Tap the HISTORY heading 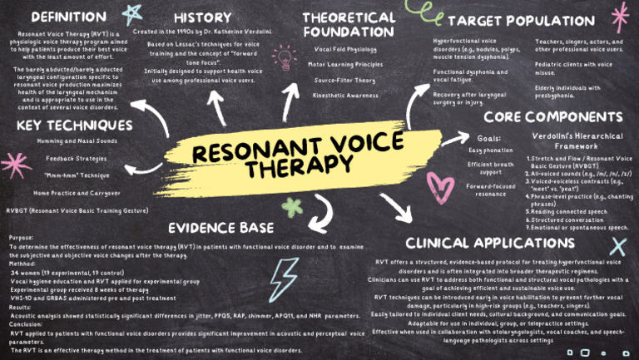[203, 17]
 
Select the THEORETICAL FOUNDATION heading [349, 24]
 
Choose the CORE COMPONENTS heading [553, 117]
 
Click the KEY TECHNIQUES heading [74, 125]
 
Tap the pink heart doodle [438, 185]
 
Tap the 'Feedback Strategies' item [77, 159]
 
